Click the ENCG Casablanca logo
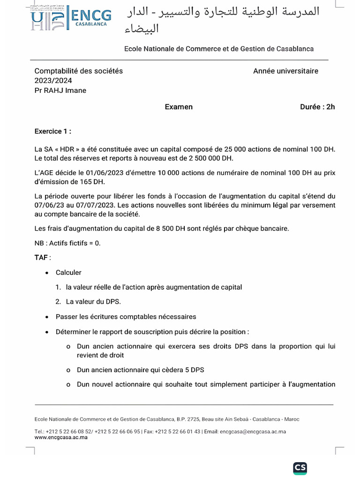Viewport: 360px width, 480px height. (x=72, y=19)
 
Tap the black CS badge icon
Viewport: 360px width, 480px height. (x=300, y=467)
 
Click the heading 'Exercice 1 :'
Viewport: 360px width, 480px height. (x=53, y=131)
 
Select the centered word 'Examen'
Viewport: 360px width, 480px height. (x=179, y=107)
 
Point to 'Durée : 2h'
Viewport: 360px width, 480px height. (x=317, y=107)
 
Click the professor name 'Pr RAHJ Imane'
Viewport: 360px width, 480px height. (x=60, y=90)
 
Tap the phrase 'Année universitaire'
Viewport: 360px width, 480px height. (x=285, y=71)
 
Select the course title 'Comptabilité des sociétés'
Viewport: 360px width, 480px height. (x=79, y=71)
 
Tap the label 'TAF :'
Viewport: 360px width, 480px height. (x=43, y=258)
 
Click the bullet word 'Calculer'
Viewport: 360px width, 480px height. (x=68, y=272)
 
